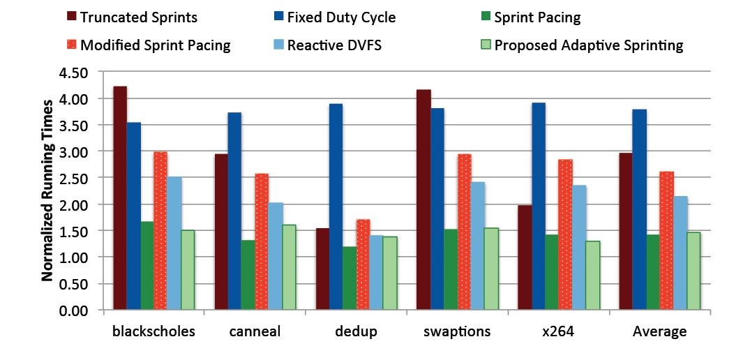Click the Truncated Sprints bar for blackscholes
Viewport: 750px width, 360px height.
pos(120,198)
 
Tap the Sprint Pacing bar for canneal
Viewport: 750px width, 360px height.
pos(248,276)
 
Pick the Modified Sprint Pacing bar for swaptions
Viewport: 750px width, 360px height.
pos(464,232)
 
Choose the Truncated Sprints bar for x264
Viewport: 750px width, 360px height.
pos(525,257)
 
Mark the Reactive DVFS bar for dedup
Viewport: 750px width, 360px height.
pos(376,273)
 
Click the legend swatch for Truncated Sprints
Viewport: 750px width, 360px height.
pos(70,18)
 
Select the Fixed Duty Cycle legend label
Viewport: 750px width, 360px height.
pos(341,18)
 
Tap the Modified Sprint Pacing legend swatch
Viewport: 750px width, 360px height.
pos(70,45)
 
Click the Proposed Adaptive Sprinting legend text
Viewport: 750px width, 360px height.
pos(589,45)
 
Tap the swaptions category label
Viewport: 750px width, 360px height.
pos(457,332)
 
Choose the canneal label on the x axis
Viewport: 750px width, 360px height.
pos(255,332)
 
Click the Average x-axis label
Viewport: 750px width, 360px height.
pos(659,332)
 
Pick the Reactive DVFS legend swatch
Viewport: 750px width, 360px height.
pos(278,45)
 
